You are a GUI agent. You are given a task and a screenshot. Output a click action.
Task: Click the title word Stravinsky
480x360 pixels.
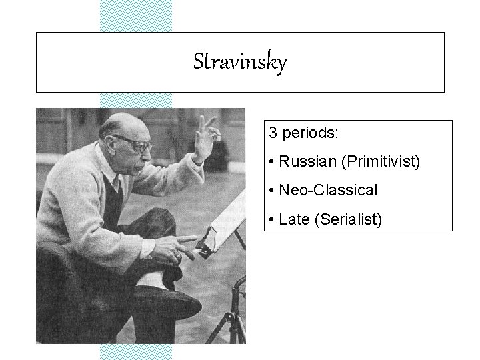coord(240,63)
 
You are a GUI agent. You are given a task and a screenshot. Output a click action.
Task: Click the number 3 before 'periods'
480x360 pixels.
coord(273,133)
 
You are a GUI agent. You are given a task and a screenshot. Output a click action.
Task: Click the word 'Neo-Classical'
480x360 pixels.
coord(329,191)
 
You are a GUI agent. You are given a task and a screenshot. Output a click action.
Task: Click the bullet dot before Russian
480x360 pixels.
coord(273,162)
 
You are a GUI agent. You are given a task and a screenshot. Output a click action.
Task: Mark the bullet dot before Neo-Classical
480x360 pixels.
coord(273,191)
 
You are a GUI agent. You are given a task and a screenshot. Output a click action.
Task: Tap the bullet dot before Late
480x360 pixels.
coord(273,220)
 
